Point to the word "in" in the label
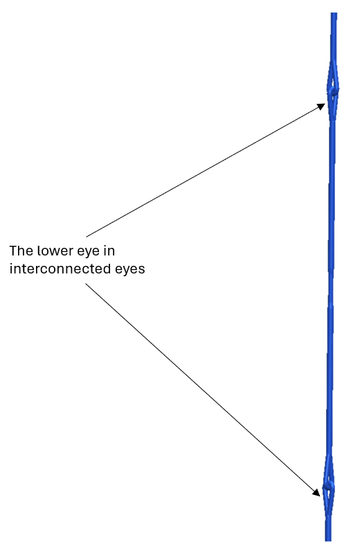point(109,251)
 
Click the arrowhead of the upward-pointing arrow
point(321,107)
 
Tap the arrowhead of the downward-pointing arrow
point(316,492)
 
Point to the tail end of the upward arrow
point(87,237)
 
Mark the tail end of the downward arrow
point(85,284)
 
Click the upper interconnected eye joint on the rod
point(333,91)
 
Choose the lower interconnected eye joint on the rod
point(329,487)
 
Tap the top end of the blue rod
point(334,13)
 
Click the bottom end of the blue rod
point(328,540)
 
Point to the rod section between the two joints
point(331,288)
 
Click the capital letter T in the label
point(12,251)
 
